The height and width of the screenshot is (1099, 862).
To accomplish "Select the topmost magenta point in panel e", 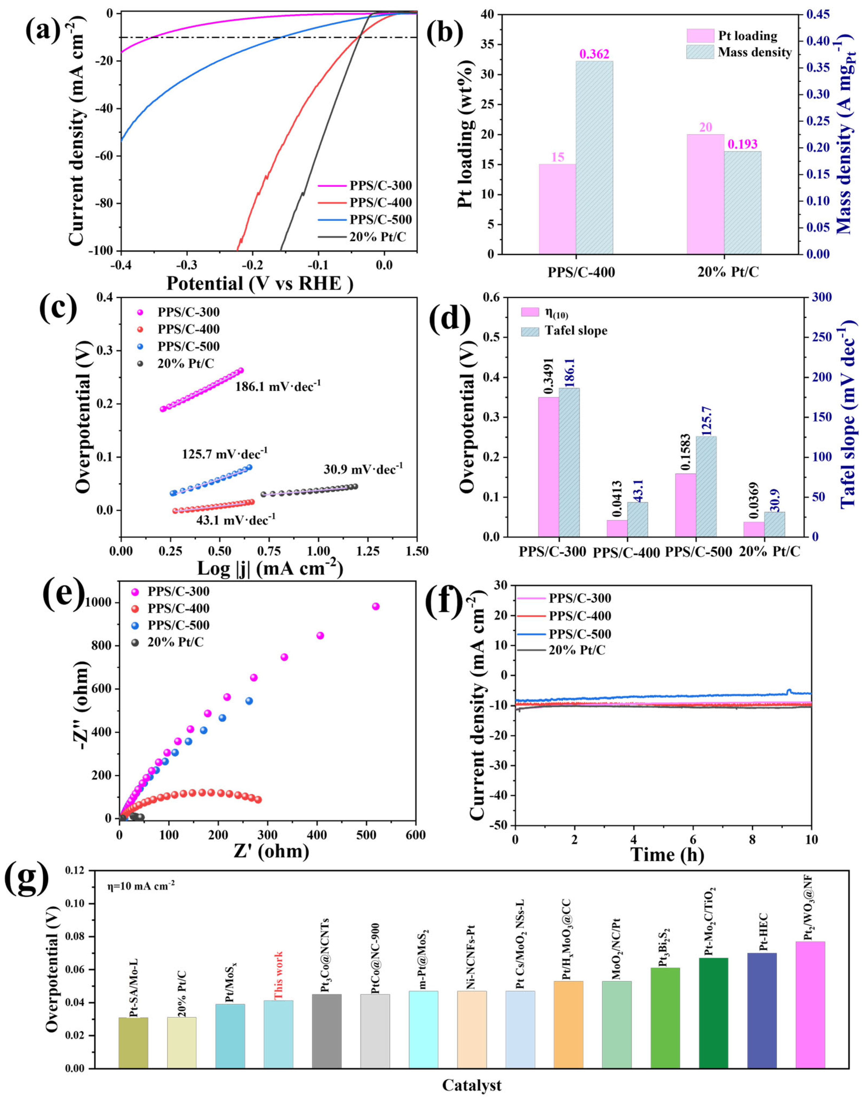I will (376, 606).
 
